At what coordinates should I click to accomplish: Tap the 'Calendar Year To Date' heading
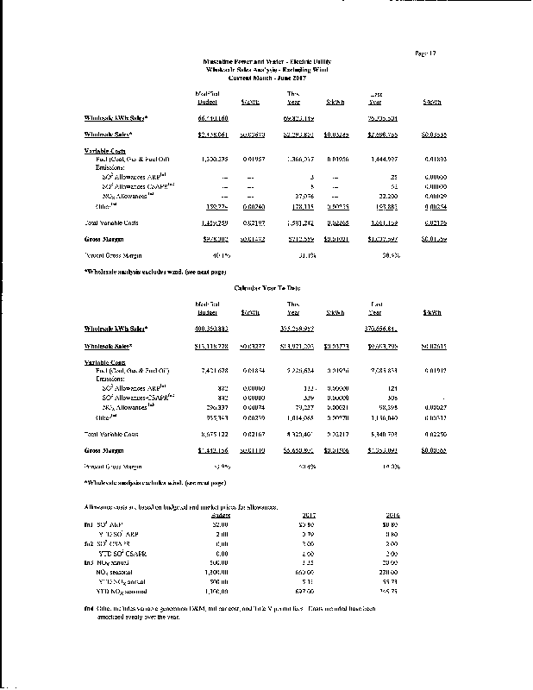pos(266,285)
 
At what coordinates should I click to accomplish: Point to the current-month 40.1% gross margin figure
pos(212,255)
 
